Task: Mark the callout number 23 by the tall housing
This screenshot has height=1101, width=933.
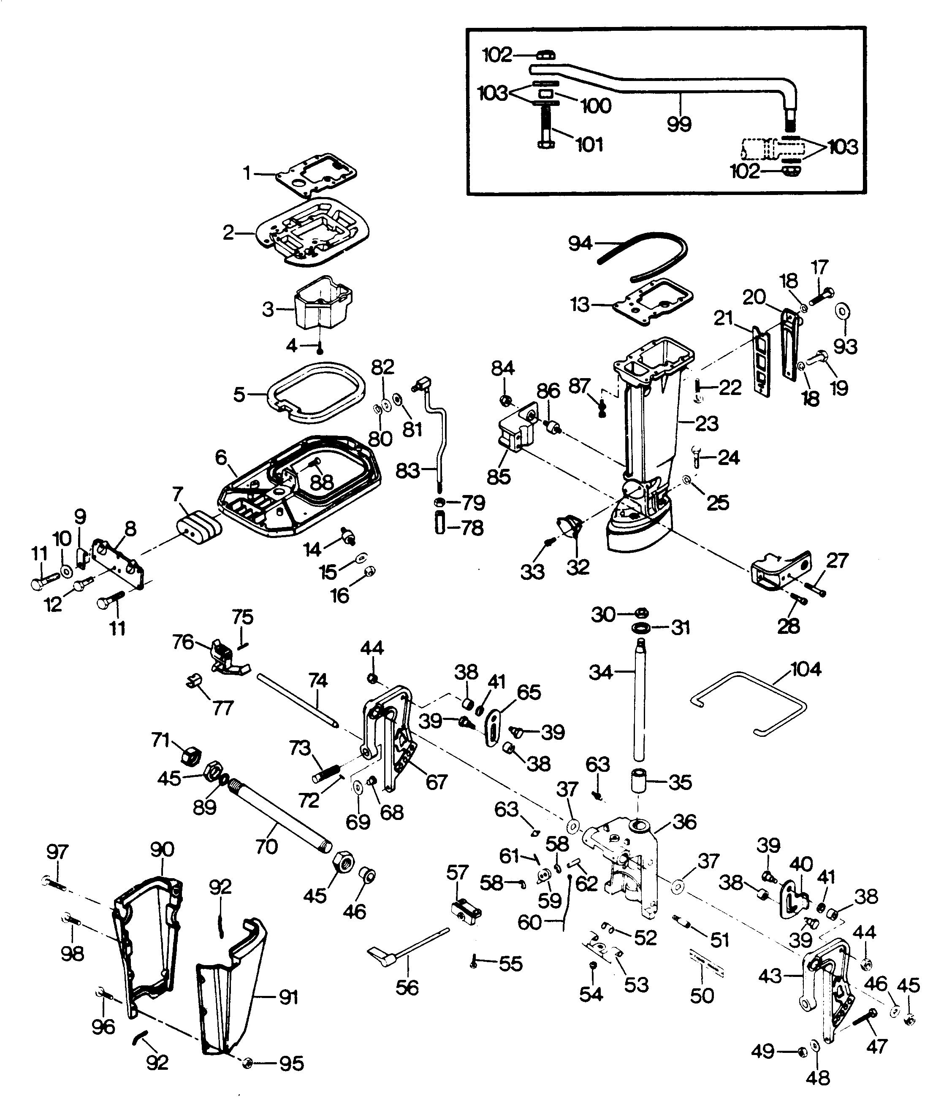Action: coord(707,423)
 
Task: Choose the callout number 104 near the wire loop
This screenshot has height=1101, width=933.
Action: coord(806,669)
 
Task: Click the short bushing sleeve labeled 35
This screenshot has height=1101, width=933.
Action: coord(639,783)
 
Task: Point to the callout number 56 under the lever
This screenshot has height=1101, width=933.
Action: coord(407,987)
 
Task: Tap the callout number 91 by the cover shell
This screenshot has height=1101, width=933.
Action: coord(288,997)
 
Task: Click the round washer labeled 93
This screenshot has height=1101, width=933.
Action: coord(841,310)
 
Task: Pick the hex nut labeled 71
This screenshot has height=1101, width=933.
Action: coord(190,757)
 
